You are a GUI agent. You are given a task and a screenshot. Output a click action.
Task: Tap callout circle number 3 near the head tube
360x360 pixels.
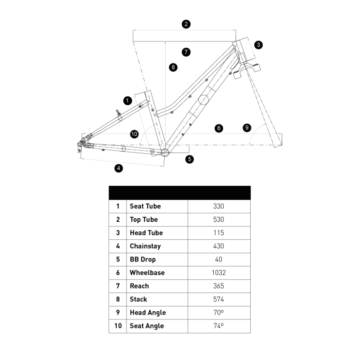tap(258, 45)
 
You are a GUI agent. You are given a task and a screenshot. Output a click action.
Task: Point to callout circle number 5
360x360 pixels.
tap(189, 158)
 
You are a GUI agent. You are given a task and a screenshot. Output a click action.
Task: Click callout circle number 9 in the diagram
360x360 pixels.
tap(246, 128)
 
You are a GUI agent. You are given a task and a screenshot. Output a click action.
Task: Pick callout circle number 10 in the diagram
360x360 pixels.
tap(134, 134)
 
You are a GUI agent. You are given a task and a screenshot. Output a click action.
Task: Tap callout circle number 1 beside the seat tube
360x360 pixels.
tap(127, 100)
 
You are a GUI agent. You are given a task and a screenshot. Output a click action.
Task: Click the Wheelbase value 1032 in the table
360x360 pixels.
tap(219, 273)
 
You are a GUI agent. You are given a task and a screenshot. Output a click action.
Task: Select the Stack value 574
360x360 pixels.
tap(219, 299)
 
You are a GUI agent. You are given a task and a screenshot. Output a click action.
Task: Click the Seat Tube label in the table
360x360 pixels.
tap(145, 206)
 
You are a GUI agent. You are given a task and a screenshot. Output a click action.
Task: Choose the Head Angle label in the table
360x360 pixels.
tap(148, 313)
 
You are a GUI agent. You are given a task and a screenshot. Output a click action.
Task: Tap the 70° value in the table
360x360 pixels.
tap(219, 312)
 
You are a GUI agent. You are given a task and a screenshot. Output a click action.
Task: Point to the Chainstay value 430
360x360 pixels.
tap(219, 246)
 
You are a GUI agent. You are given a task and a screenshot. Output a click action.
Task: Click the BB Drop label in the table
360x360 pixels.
tap(143, 260)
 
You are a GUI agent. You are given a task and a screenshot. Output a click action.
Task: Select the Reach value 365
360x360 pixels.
tap(219, 286)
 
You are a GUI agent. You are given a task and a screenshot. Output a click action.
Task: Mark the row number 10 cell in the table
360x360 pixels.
tap(118, 326)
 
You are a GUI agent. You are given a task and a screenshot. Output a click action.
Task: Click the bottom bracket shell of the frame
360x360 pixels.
tap(164, 152)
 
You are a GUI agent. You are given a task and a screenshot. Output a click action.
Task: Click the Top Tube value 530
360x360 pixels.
tap(219, 220)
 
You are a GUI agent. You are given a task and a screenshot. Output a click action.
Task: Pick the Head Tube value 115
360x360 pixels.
tap(219, 233)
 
